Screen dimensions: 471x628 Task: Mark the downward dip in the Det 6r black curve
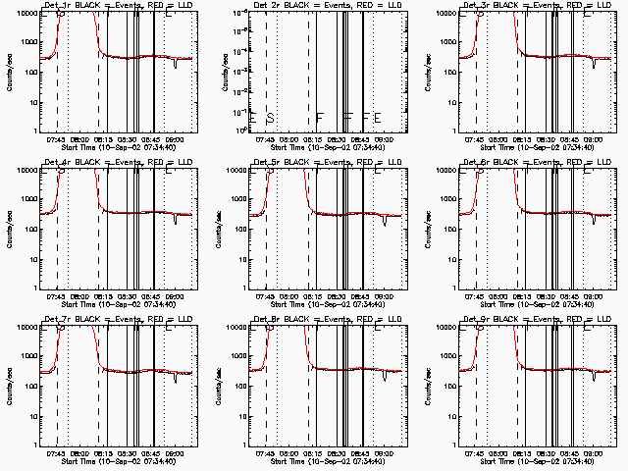(595, 221)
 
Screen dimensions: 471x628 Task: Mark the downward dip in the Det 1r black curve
(175, 65)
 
